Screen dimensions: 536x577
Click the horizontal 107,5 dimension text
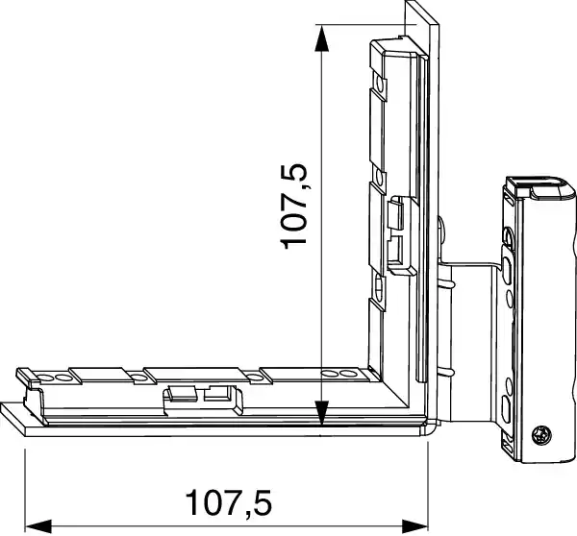click(229, 500)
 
